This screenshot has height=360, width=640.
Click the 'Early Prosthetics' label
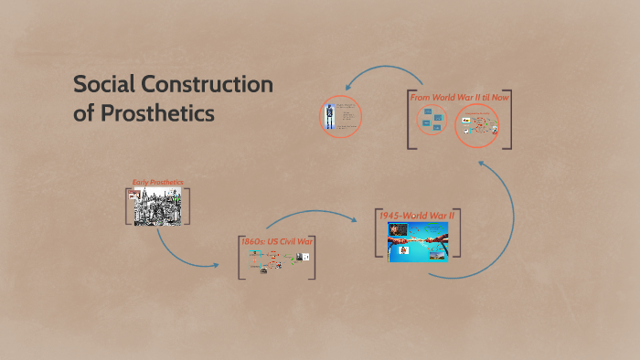(158, 182)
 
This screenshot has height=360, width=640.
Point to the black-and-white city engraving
(158, 206)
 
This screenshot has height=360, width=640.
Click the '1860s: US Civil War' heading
(278, 241)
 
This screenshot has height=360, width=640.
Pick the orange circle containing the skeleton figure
(341, 117)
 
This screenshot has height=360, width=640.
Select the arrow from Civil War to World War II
(311, 214)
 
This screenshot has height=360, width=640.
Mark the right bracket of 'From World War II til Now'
(508, 119)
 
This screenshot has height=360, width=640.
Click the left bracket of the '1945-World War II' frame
(377, 236)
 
